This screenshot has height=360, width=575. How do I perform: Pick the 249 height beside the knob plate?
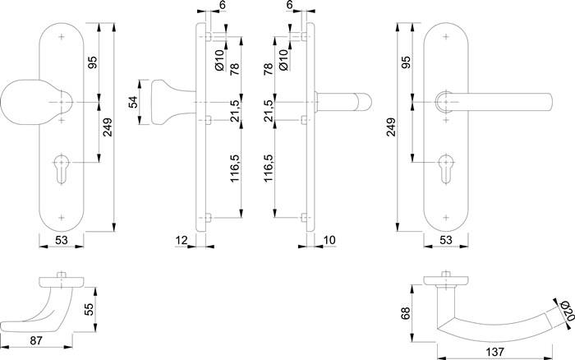(108, 127)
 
